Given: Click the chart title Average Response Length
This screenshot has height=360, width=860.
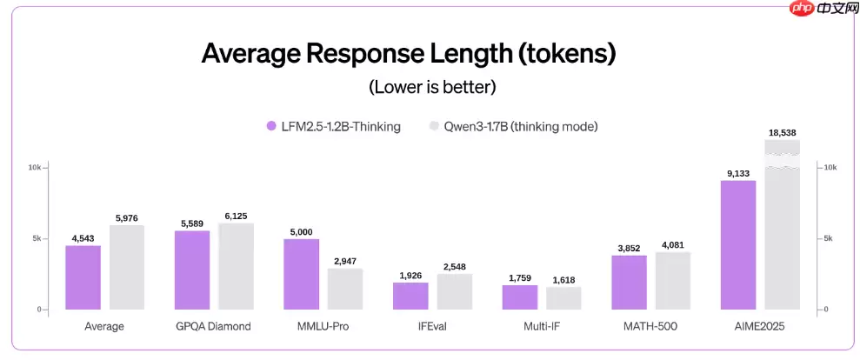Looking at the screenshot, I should point(408,53).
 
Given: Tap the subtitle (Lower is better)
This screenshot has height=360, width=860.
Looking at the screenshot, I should point(432,87).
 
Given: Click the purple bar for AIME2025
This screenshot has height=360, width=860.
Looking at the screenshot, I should point(738,245).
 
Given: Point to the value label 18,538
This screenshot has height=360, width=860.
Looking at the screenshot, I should point(782,132).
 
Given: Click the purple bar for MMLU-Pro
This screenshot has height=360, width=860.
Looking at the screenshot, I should point(301,275).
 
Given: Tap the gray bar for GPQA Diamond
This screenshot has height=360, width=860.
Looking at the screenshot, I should point(236,266).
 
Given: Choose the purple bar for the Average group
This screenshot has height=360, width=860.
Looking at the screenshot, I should point(83,277).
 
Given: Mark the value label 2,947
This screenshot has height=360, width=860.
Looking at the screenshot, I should point(345,261).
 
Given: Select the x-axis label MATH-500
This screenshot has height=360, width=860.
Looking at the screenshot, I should point(650,327).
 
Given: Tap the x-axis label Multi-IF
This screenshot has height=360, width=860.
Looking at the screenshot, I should point(541,327).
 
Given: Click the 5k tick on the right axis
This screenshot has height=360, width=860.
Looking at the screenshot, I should point(830,238).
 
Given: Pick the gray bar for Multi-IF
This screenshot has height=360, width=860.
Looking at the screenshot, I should point(563,298).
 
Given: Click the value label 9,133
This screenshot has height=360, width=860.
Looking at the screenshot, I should point(738,173).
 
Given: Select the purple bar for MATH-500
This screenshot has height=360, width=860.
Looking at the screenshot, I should point(629,283).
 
